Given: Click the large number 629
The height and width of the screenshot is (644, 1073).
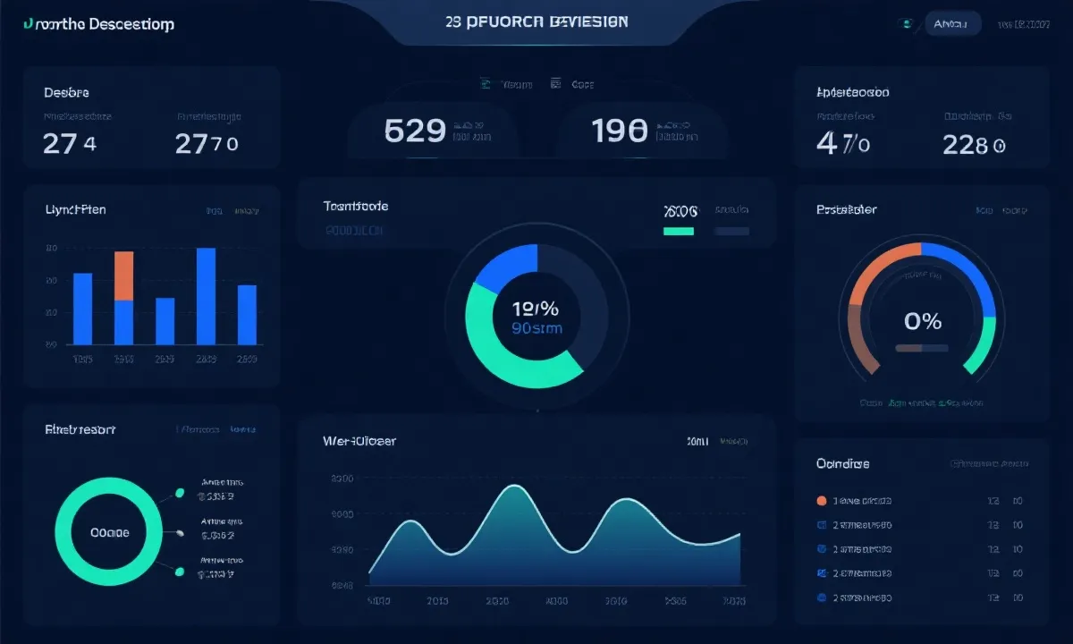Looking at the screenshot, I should click(x=415, y=131).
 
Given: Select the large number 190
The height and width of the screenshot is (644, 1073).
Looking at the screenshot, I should click(x=620, y=131).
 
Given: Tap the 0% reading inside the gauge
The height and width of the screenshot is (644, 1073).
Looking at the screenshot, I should click(x=923, y=321).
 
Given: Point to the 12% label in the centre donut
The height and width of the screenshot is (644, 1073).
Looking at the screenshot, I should click(x=535, y=309).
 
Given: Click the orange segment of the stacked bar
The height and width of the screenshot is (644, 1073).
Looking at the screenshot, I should click(x=124, y=275).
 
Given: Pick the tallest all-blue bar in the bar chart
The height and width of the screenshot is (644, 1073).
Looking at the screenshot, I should click(x=206, y=296).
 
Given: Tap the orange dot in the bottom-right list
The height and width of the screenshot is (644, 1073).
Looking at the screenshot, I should click(x=822, y=501).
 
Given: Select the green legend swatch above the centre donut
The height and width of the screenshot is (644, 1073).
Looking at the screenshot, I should click(x=679, y=231).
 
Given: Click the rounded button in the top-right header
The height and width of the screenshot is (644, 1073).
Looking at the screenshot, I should click(x=952, y=24).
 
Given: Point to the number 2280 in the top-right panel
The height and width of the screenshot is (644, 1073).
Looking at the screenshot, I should click(x=974, y=144).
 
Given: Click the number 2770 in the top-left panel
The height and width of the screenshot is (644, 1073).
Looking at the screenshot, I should click(x=207, y=143).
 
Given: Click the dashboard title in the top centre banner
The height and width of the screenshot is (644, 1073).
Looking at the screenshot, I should click(x=536, y=21).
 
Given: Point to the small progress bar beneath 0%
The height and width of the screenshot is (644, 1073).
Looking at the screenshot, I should click(x=921, y=348).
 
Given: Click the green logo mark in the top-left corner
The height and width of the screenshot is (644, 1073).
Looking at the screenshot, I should click(x=30, y=24).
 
